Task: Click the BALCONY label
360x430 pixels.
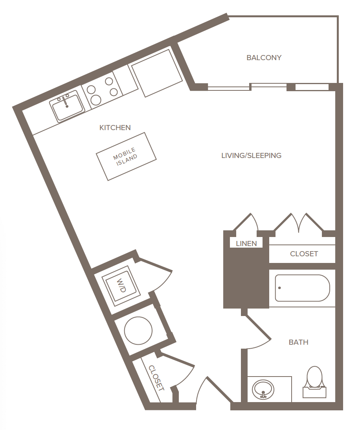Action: coord(264,58)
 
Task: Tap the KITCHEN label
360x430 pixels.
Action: coord(115,127)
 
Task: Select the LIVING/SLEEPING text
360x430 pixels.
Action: coord(251,156)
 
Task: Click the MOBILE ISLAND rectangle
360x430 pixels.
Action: coord(126,156)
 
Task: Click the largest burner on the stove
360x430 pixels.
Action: coord(96,100)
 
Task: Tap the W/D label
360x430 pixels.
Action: coord(121,285)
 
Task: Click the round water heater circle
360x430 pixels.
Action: coord(138,331)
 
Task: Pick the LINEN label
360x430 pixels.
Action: coord(246,244)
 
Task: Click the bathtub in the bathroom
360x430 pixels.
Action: coord(302,288)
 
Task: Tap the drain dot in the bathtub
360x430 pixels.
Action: coord(279,288)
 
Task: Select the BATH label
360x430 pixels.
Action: coord(298,342)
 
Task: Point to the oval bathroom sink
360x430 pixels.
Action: coord(263,389)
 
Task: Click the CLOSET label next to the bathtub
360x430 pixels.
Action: coord(304,254)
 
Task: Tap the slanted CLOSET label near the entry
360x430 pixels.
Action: coord(156,378)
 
